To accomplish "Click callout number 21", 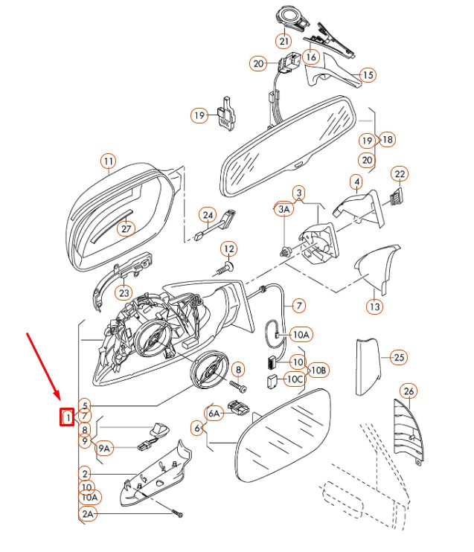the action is coord(284,41).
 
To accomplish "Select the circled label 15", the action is coord(368,75).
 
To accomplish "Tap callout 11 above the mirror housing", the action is coord(109,161).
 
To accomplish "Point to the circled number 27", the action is coord(126,229).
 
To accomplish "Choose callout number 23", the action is coord(124,293).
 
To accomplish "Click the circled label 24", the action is coord(208,216).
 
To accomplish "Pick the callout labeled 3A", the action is coord(284,210).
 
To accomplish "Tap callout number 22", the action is coord(400,174).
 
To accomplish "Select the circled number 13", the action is coord(374,307).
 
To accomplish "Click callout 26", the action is coord(409,391).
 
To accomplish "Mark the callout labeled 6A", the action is coord(214,414).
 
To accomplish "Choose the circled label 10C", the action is coord(295,379).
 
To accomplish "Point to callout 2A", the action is coord(88,514).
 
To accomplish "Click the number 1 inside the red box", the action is coord(67,417).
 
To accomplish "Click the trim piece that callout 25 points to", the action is coord(368,367).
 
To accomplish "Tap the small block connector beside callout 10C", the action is coord(272,382).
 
